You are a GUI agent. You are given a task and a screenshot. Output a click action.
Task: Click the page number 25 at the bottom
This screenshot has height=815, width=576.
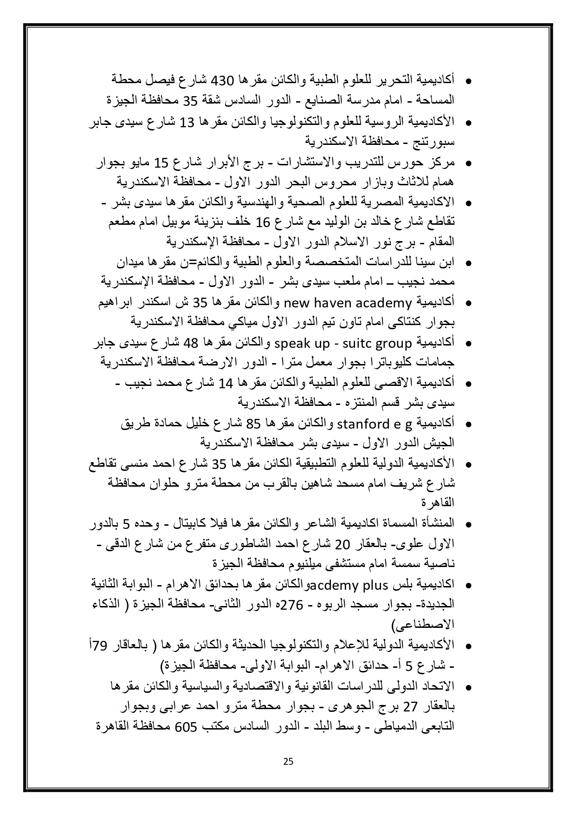pyautogui.click(x=288, y=762)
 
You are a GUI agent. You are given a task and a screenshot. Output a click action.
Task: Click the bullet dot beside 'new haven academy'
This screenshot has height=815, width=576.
pyautogui.click(x=468, y=304)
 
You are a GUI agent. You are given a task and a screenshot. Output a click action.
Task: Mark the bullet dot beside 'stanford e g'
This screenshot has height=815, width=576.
pyautogui.click(x=468, y=424)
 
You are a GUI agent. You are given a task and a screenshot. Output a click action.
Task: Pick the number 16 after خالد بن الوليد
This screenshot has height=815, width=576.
pyautogui.click(x=263, y=223)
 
